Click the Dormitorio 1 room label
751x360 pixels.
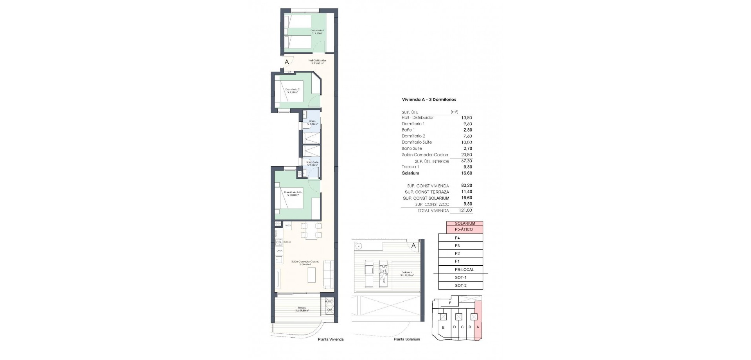pos(317,32)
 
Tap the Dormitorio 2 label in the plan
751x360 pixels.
pos(292,91)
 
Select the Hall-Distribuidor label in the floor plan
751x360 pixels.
pos(317,62)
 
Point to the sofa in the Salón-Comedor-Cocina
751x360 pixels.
pos(328,274)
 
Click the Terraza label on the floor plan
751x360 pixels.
pos(302,309)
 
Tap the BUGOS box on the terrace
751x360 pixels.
pos(329,301)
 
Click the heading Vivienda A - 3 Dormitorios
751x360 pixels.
pos(429,100)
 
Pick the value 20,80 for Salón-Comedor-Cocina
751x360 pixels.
pos(466,155)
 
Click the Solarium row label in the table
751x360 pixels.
pos(410,173)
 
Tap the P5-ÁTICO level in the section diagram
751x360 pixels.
pos(464,229)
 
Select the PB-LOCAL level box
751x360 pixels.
pos(464,270)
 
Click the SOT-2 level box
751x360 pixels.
pos(460,286)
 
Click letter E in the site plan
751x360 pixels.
pos(443,328)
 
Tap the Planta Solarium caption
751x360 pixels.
pos(407,339)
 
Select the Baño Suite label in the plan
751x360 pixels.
pos(312,163)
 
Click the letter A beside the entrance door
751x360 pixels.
pos(287,62)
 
